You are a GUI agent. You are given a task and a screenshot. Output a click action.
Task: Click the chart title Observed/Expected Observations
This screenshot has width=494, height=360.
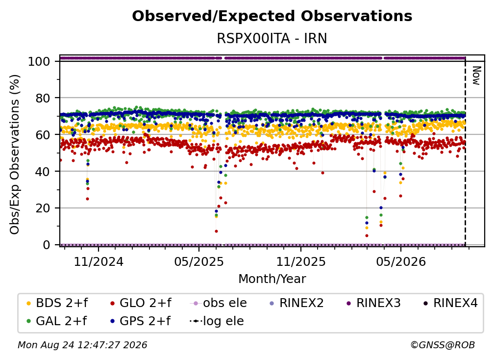272,16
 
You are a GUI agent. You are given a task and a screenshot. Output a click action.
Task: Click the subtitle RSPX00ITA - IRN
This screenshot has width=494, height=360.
272,39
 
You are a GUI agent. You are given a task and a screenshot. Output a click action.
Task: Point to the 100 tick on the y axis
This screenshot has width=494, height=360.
39,61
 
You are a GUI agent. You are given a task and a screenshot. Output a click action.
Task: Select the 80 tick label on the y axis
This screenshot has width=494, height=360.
43,98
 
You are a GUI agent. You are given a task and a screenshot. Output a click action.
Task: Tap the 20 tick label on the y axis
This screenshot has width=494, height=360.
43,208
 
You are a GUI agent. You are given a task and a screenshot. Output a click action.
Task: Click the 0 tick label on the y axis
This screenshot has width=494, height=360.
46,245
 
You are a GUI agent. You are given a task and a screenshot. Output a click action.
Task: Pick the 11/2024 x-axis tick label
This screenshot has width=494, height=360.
99,261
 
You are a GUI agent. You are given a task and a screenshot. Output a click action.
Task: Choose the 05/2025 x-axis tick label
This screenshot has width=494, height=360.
199,261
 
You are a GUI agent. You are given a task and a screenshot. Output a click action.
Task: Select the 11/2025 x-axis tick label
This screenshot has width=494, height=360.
301,261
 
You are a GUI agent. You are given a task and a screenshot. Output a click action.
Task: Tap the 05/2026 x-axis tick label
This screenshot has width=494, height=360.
401,261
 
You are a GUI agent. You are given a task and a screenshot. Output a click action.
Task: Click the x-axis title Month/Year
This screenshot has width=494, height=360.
272,279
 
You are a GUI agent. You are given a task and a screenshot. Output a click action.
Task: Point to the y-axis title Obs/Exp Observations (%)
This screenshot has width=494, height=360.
15,154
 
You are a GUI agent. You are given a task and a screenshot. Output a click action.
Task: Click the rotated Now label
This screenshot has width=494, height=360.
476,76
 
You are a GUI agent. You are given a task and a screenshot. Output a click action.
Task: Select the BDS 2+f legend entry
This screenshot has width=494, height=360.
57,303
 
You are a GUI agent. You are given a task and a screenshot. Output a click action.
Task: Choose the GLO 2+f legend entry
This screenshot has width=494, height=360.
141,303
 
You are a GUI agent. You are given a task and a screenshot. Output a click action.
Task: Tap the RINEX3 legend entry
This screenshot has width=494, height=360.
373,303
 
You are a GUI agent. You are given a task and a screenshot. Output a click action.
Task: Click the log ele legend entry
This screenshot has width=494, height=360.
217,321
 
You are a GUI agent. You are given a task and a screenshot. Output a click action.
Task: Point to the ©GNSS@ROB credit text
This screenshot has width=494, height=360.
443,345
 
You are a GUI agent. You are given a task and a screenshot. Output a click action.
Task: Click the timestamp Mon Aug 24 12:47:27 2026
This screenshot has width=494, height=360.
82,345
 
